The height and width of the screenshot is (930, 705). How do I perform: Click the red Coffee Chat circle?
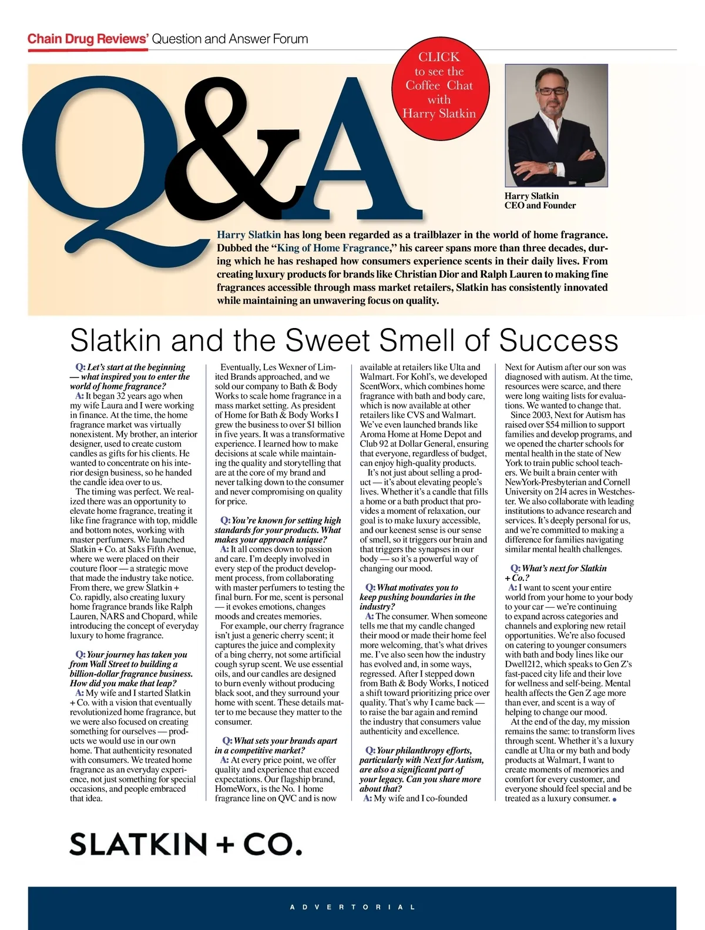pos(439,85)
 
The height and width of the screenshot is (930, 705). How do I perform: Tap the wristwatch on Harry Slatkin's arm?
pos(550,167)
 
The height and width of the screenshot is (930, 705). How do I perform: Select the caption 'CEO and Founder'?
pos(540,206)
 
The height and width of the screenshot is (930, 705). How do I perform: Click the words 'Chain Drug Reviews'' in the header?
pos(88,39)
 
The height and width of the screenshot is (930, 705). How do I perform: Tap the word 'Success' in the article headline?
pos(558,340)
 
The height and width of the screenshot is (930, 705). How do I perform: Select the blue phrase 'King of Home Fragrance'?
pos(333,248)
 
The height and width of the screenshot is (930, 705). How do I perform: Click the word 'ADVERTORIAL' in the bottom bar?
pos(352,907)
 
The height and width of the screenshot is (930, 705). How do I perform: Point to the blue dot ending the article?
pos(615,799)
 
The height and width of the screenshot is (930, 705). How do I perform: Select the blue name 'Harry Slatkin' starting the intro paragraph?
pos(249,235)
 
